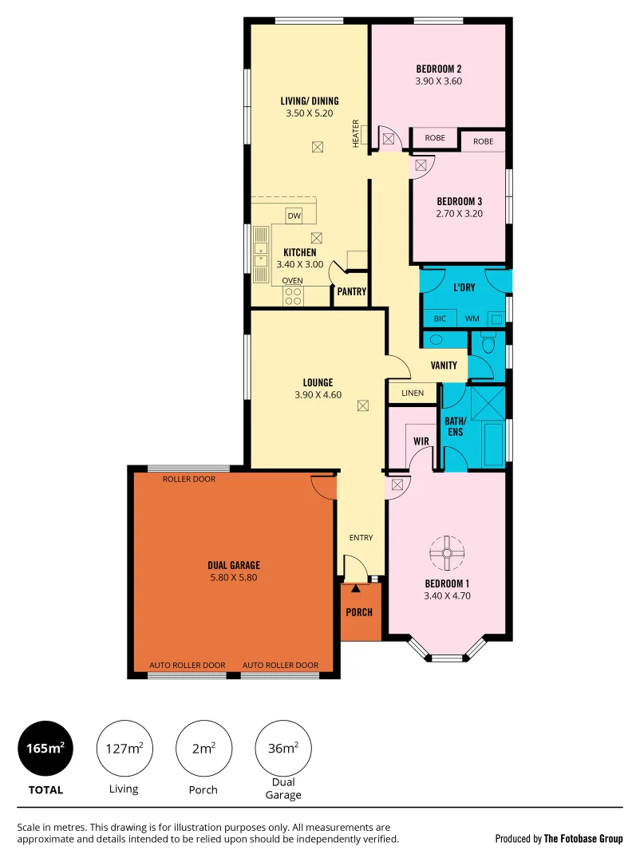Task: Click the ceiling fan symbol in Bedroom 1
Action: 447,552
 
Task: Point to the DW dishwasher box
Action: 294,216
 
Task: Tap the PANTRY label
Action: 351,292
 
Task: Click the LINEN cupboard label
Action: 413,393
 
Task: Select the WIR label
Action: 421,441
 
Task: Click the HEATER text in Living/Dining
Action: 356,134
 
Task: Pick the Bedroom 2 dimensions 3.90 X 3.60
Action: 439,81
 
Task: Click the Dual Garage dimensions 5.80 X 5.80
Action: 234,578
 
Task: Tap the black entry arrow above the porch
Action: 356,588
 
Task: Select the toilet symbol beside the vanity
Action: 488,345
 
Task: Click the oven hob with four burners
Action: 292,296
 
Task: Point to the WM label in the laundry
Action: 472,318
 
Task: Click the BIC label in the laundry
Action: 440,318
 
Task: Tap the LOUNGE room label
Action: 318,382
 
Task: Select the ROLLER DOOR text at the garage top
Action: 188,480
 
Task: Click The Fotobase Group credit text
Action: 583,839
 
